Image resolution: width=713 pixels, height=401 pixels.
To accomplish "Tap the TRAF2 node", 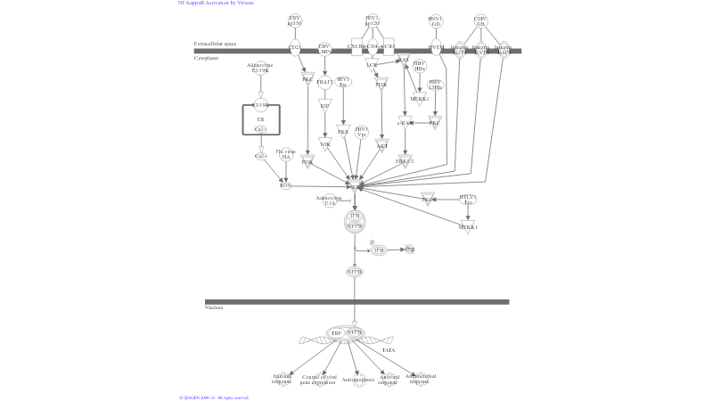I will (x=324, y=82).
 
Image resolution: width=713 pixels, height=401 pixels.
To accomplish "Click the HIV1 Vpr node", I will (x=361, y=132).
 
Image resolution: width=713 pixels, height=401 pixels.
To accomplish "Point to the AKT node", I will (x=381, y=144).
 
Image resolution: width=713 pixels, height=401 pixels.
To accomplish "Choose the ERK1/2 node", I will (x=405, y=161).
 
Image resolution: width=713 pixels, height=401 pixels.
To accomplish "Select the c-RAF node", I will (x=406, y=123).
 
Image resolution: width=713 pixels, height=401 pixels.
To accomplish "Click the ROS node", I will (x=285, y=184).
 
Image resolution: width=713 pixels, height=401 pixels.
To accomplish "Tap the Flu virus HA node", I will (x=285, y=154).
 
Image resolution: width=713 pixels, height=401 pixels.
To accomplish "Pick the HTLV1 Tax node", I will (x=468, y=200).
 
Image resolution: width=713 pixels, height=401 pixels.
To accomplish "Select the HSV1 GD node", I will (x=436, y=20).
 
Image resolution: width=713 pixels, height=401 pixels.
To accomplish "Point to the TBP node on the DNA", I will (x=336, y=333).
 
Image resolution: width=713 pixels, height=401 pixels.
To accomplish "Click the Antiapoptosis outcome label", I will (x=356, y=378).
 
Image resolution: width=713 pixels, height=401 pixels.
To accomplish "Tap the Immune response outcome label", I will (x=283, y=378).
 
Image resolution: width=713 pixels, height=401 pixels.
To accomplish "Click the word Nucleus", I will (x=214, y=307).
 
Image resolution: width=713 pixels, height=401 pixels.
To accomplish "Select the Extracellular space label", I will (x=215, y=43).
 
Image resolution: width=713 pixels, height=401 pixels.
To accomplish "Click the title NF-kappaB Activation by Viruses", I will (x=216, y=3).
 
